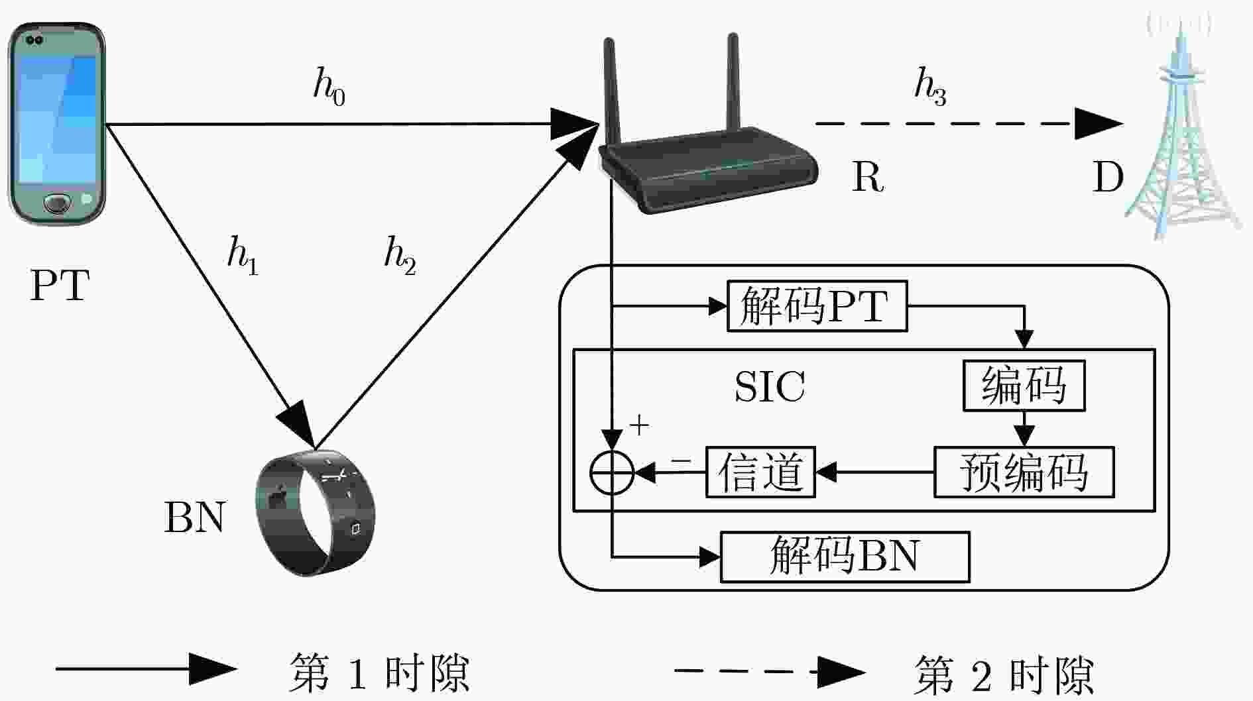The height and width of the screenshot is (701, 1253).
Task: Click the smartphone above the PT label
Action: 56,124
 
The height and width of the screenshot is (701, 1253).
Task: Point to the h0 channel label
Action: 329,87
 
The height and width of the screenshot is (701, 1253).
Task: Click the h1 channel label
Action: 243,256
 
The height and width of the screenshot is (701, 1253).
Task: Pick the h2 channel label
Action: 400,256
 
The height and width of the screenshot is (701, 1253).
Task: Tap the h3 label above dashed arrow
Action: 930,87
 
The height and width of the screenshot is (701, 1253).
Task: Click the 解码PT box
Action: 817,306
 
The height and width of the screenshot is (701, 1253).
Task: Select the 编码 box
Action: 1024,386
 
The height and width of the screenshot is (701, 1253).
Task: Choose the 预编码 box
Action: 1024,472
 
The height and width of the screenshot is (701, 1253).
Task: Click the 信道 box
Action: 760,472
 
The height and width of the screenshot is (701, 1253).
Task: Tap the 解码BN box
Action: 845,557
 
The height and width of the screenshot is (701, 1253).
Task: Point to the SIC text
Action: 770,386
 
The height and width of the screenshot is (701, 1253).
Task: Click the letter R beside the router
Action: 868,177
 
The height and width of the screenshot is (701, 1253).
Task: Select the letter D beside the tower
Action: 1108,177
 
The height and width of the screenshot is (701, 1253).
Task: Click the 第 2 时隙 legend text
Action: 1003,675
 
